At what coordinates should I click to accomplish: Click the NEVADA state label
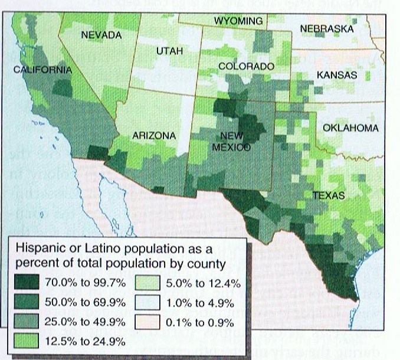101,35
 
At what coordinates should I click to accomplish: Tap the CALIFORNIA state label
42,70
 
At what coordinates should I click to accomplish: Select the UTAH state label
169,52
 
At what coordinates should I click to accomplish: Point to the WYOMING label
238,21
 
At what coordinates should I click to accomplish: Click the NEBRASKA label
326,28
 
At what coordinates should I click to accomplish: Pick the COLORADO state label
246,67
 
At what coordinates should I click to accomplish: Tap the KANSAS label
337,76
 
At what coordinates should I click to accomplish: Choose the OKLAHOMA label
350,128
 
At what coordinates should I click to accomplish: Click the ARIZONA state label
154,136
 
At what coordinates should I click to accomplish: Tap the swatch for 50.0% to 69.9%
25,303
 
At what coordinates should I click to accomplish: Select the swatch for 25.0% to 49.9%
25,322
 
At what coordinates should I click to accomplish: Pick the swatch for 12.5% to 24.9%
25,341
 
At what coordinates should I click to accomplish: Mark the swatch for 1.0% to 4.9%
146,303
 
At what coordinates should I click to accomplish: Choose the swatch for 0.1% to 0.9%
146,322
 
